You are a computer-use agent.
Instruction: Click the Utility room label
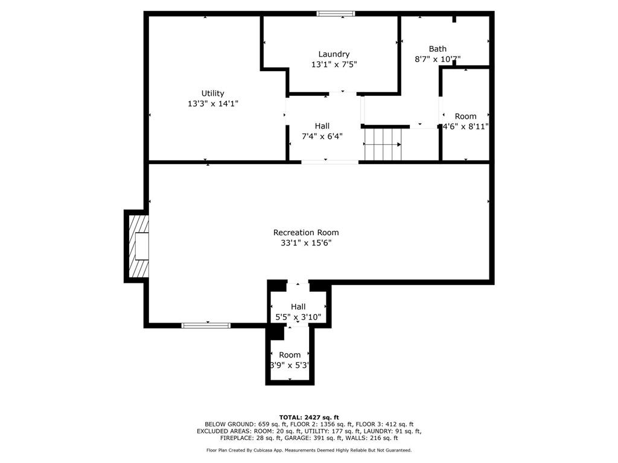click(212, 93)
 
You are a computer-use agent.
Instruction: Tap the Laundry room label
click(334, 54)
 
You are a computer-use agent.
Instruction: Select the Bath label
click(438, 49)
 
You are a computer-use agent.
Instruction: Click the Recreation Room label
click(306, 233)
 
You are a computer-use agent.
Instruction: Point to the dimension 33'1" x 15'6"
click(306, 243)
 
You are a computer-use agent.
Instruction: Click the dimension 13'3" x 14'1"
click(212, 104)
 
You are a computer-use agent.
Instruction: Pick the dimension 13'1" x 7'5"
click(334, 65)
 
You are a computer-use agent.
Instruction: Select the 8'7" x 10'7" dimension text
click(438, 59)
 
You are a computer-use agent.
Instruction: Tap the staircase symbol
click(383, 145)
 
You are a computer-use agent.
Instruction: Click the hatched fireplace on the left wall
click(137, 246)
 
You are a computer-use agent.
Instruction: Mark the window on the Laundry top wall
click(336, 14)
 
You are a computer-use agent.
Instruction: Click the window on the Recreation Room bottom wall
click(206, 326)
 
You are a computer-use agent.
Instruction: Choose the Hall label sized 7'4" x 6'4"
click(322, 126)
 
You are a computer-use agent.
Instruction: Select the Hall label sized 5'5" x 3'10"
click(298, 307)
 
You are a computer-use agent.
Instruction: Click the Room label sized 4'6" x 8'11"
click(465, 116)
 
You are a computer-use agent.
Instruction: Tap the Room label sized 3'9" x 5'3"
click(290, 355)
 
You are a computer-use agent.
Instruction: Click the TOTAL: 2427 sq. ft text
click(309, 417)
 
